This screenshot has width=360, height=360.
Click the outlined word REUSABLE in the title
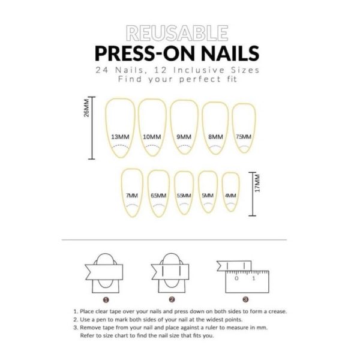tap(177, 33)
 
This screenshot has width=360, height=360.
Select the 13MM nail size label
tap(119, 137)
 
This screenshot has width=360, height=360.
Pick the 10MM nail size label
tap(152, 137)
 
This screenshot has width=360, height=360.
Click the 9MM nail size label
tap(184, 137)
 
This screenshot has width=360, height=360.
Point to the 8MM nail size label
tap(215, 137)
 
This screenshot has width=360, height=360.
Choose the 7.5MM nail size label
tap(243, 136)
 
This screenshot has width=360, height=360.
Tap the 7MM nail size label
tap(132, 196)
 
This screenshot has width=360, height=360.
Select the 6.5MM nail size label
tap(158, 196)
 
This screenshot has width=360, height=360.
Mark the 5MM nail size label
tap(208, 196)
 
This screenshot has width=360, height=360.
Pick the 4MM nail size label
tap(230, 196)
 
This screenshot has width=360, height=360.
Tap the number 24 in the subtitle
tap(101, 70)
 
